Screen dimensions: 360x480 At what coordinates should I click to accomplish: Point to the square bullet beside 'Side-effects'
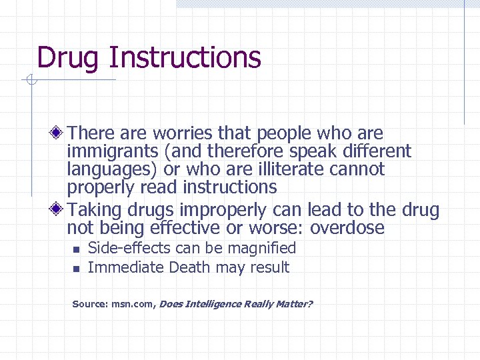click(x=76, y=249)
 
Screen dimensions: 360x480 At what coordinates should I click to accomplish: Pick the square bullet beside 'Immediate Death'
click(x=76, y=269)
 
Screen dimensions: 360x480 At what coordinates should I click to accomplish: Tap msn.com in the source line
click(x=131, y=304)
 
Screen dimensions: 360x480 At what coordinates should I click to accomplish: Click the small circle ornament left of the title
click(x=31, y=81)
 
